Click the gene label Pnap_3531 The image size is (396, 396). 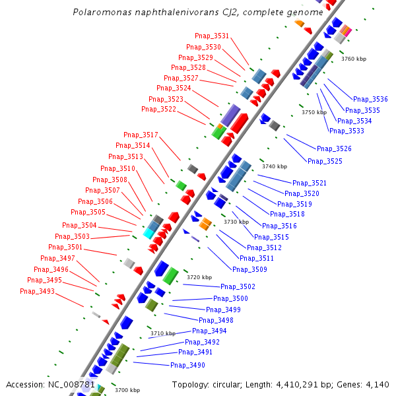(213, 36)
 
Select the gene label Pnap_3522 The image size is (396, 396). (158, 109)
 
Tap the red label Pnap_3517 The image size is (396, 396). (141, 135)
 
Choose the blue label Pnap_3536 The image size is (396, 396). (371, 99)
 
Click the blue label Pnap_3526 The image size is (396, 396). (334, 148)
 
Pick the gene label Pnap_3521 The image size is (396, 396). (310, 183)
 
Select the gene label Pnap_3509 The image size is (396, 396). (249, 269)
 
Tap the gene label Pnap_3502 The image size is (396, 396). (238, 286)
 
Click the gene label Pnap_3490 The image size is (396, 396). (187, 365)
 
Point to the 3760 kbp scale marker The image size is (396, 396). (353, 59)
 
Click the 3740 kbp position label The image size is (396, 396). (275, 166)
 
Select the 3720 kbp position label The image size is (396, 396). (199, 277)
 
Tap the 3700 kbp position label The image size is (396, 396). (127, 390)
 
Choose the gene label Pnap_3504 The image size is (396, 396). (80, 226)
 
